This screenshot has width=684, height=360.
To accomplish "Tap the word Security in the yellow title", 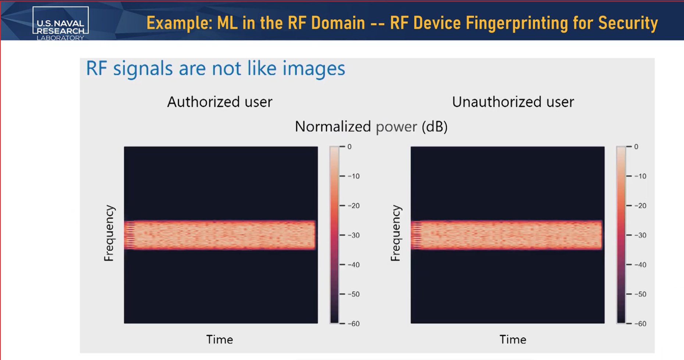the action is tap(628, 23).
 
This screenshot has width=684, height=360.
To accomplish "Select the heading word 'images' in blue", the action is tap(314, 69).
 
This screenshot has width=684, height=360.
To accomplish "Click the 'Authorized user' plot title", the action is tap(220, 102).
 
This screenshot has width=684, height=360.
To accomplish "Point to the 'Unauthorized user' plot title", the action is tap(513, 102).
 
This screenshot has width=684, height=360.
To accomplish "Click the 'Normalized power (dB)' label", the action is tap(371, 126).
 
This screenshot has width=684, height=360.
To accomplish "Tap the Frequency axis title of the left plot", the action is tap(109, 233).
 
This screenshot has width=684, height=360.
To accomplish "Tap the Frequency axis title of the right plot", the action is tap(395, 233).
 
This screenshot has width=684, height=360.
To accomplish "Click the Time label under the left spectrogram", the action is tap(220, 339).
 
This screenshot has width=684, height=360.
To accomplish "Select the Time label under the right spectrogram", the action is tap(513, 339).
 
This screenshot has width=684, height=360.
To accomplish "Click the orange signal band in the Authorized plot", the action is tap(220, 235).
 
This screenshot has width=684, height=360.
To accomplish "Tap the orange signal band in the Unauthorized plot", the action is tap(507, 235).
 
